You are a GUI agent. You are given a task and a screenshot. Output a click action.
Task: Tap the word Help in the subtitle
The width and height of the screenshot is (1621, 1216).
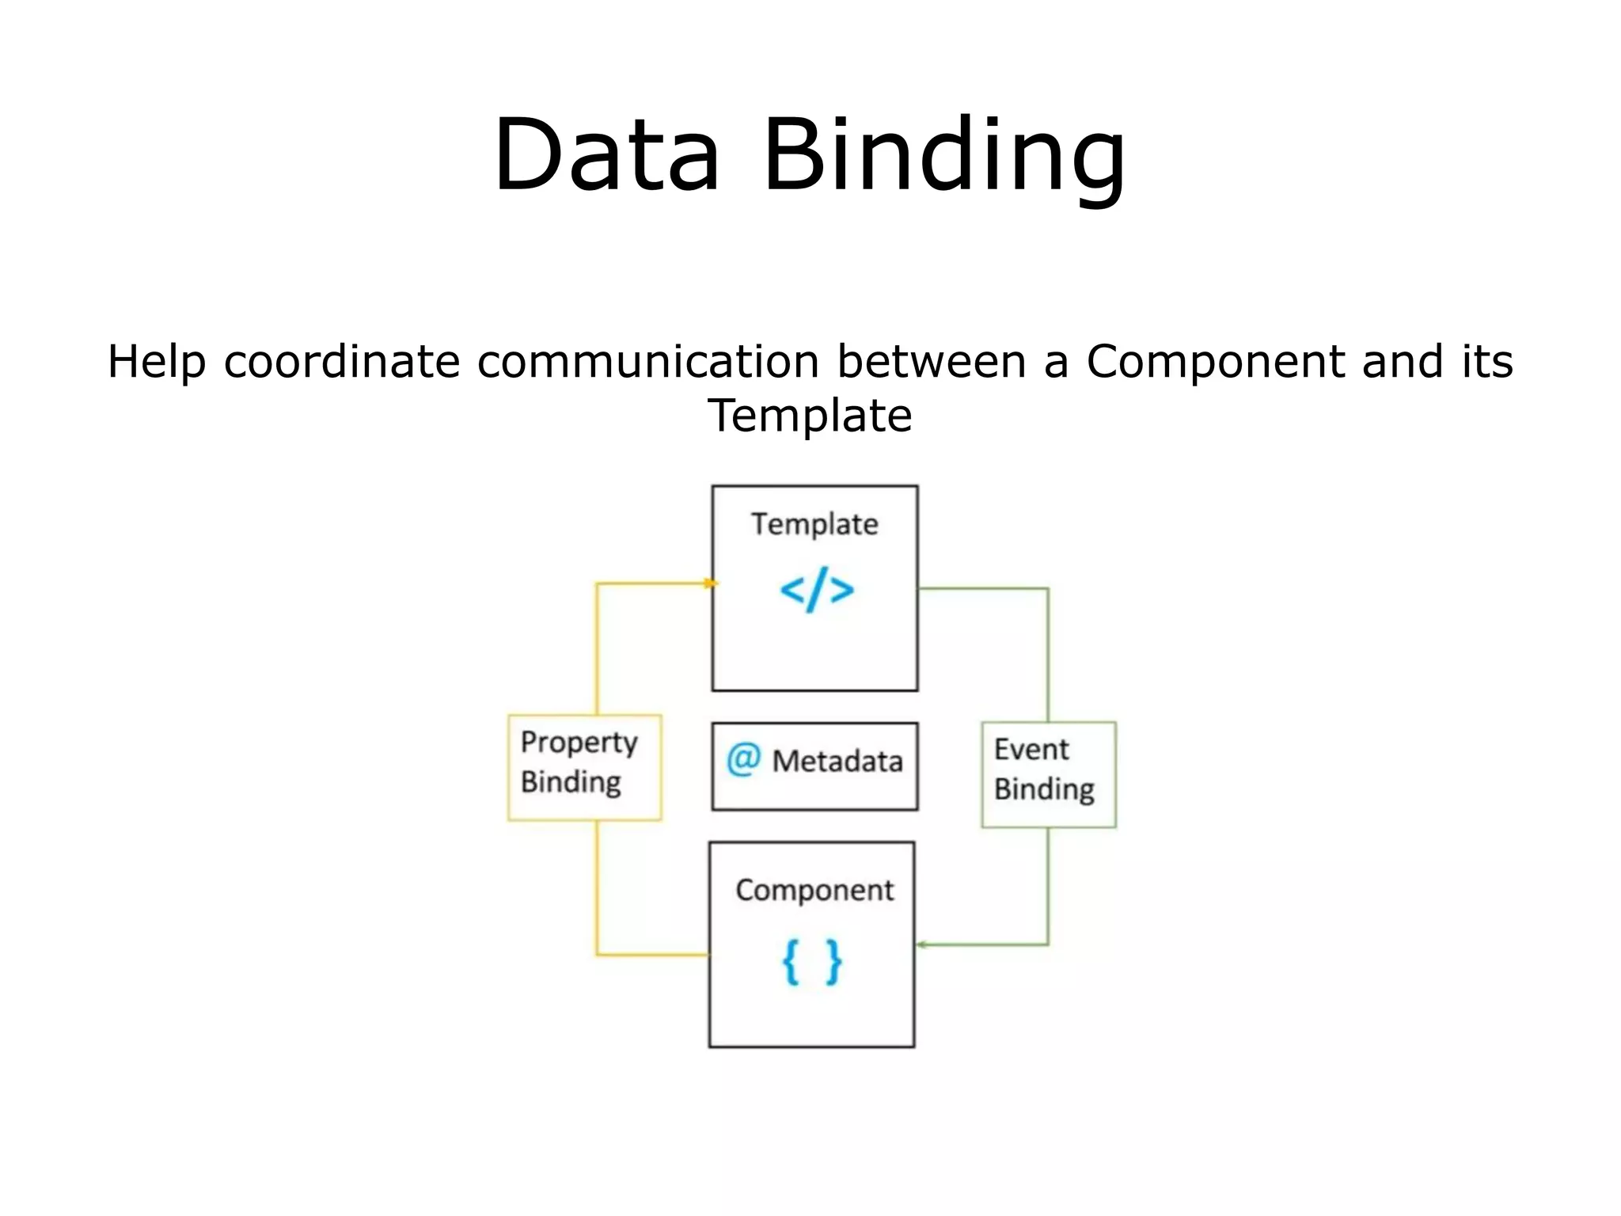tap(156, 362)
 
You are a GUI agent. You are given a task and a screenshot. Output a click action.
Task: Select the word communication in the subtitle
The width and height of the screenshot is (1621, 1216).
tap(647, 362)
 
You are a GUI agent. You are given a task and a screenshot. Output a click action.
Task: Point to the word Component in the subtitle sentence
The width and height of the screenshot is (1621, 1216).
tap(1215, 362)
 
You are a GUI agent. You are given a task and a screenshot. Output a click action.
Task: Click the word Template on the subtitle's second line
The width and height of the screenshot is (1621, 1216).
tap(810, 416)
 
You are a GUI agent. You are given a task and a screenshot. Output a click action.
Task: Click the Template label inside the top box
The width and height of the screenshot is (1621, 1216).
tap(814, 524)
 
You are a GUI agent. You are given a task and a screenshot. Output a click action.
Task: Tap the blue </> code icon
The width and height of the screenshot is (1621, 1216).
tap(817, 590)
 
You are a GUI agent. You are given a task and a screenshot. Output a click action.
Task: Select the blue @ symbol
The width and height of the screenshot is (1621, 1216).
tap(743, 759)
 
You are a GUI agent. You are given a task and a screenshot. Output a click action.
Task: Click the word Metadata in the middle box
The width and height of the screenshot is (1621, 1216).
tap(837, 762)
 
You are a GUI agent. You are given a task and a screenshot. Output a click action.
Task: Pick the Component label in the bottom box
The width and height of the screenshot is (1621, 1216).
tap(814, 891)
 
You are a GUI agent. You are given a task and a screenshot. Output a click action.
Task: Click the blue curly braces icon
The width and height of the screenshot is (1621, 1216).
tap(812, 962)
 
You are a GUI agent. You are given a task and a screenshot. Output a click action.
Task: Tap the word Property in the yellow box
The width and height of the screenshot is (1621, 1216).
tap(579, 743)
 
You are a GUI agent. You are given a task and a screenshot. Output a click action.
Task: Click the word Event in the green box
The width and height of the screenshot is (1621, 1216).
tap(1031, 749)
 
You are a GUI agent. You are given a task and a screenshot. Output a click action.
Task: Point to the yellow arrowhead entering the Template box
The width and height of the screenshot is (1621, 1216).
tap(710, 583)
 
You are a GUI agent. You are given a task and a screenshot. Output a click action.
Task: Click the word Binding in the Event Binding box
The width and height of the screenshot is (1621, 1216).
tap(1044, 789)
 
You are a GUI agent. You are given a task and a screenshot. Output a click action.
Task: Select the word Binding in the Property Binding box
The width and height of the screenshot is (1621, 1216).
tap(571, 782)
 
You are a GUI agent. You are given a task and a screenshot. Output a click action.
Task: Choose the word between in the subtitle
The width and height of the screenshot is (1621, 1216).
tap(932, 362)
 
